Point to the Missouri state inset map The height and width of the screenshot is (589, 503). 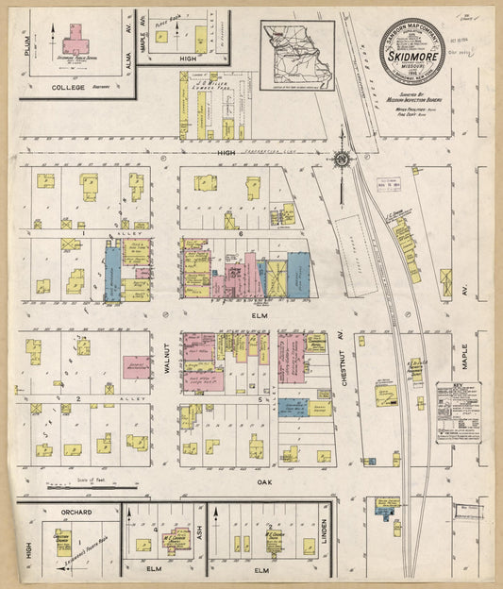pos(297,55)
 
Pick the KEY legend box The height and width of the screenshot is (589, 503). pos(459,412)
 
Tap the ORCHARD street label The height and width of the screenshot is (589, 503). pos(70,513)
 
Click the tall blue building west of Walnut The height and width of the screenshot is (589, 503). pos(112,273)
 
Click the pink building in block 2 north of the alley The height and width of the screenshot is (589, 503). pos(136,366)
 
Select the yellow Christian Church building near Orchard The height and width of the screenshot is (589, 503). pos(62,542)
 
